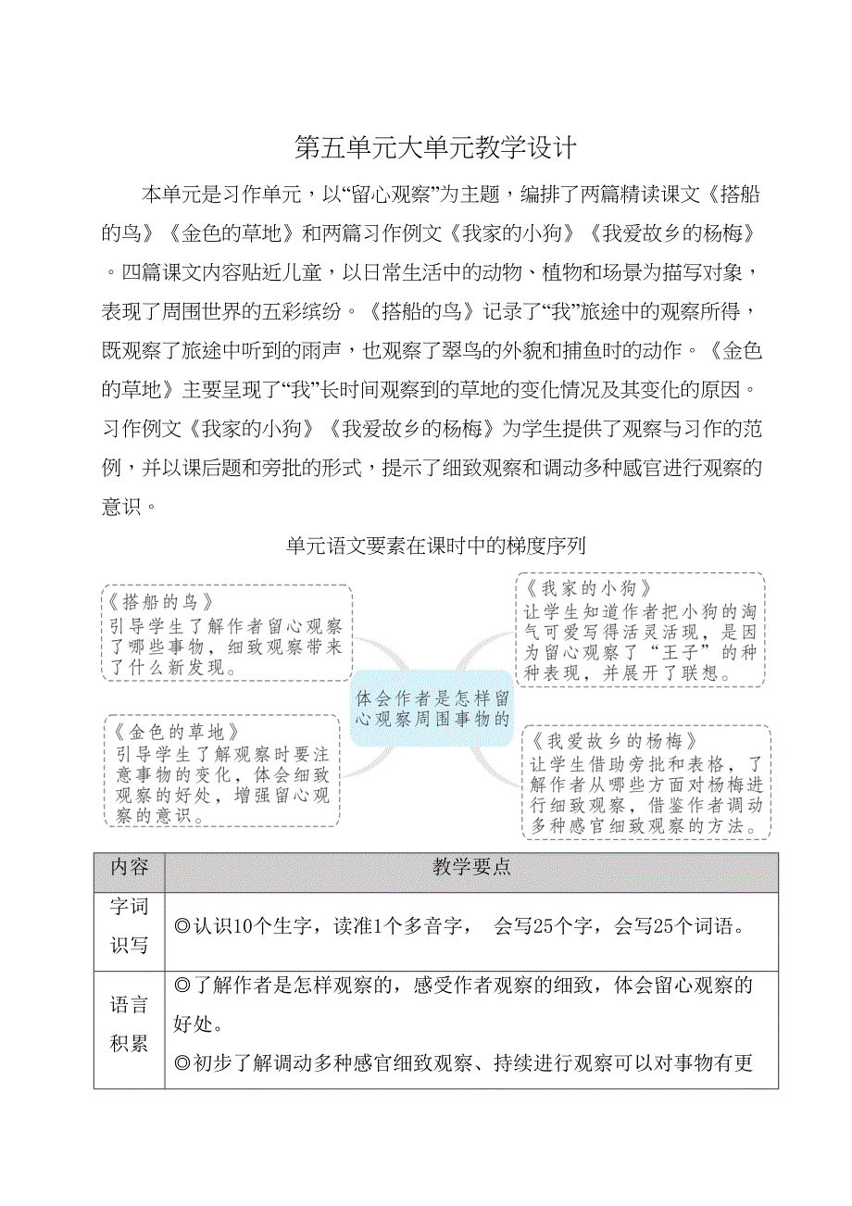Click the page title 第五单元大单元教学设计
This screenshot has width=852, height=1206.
click(x=435, y=147)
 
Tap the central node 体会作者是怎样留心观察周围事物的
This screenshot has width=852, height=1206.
click(x=432, y=708)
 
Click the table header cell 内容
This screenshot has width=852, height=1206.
click(x=129, y=867)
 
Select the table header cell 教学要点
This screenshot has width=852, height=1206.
click(x=471, y=867)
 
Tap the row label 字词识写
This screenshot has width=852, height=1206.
click(x=129, y=924)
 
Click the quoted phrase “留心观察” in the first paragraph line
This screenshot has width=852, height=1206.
click(x=389, y=195)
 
